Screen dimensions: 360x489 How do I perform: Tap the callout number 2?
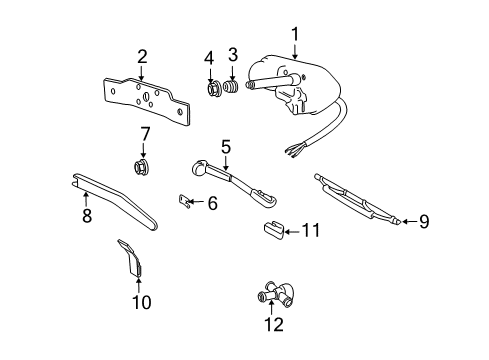pyautogui.click(x=142, y=56)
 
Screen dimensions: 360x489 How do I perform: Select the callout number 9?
pyautogui.click(x=423, y=222)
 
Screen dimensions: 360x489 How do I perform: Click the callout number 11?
pyautogui.click(x=311, y=232)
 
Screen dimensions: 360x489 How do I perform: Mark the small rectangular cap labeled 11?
pyautogui.click(x=271, y=232)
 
